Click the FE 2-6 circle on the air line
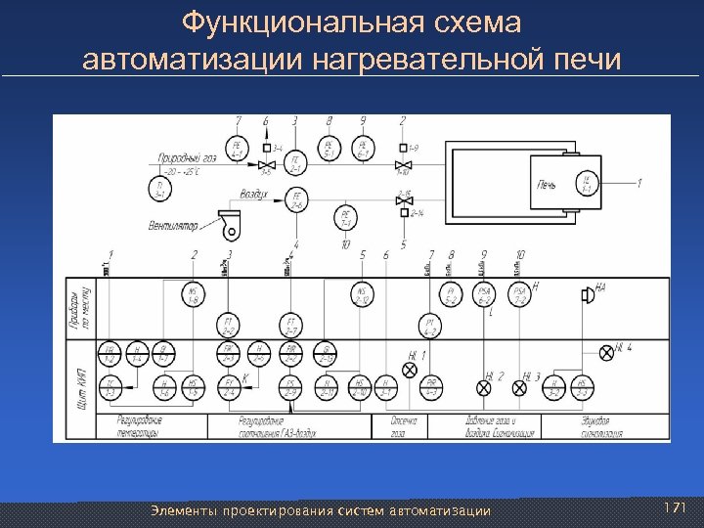pos(296,202)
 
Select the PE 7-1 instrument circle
pos(345,217)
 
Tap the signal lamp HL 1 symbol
pos(411,370)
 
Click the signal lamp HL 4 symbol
pos(606,349)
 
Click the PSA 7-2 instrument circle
pos(518,294)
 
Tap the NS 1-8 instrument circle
pos(195,293)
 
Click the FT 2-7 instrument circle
pos(290,324)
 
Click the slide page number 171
pos(675,508)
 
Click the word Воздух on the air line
pos(254,195)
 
